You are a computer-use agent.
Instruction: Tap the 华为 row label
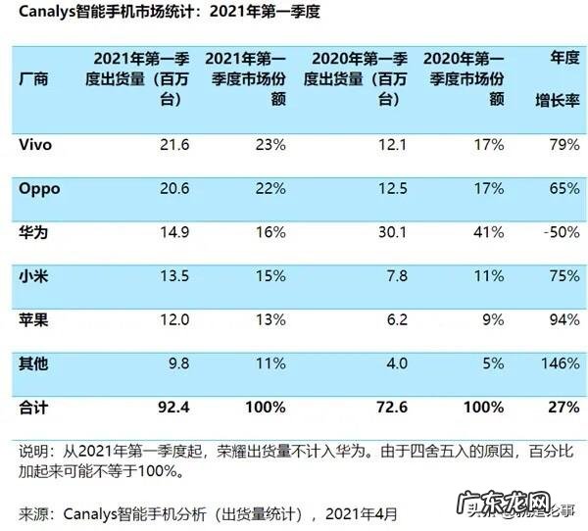[33, 233]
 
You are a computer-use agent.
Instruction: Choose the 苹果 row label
[33, 319]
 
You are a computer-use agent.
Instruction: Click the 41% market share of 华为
[487, 233]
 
